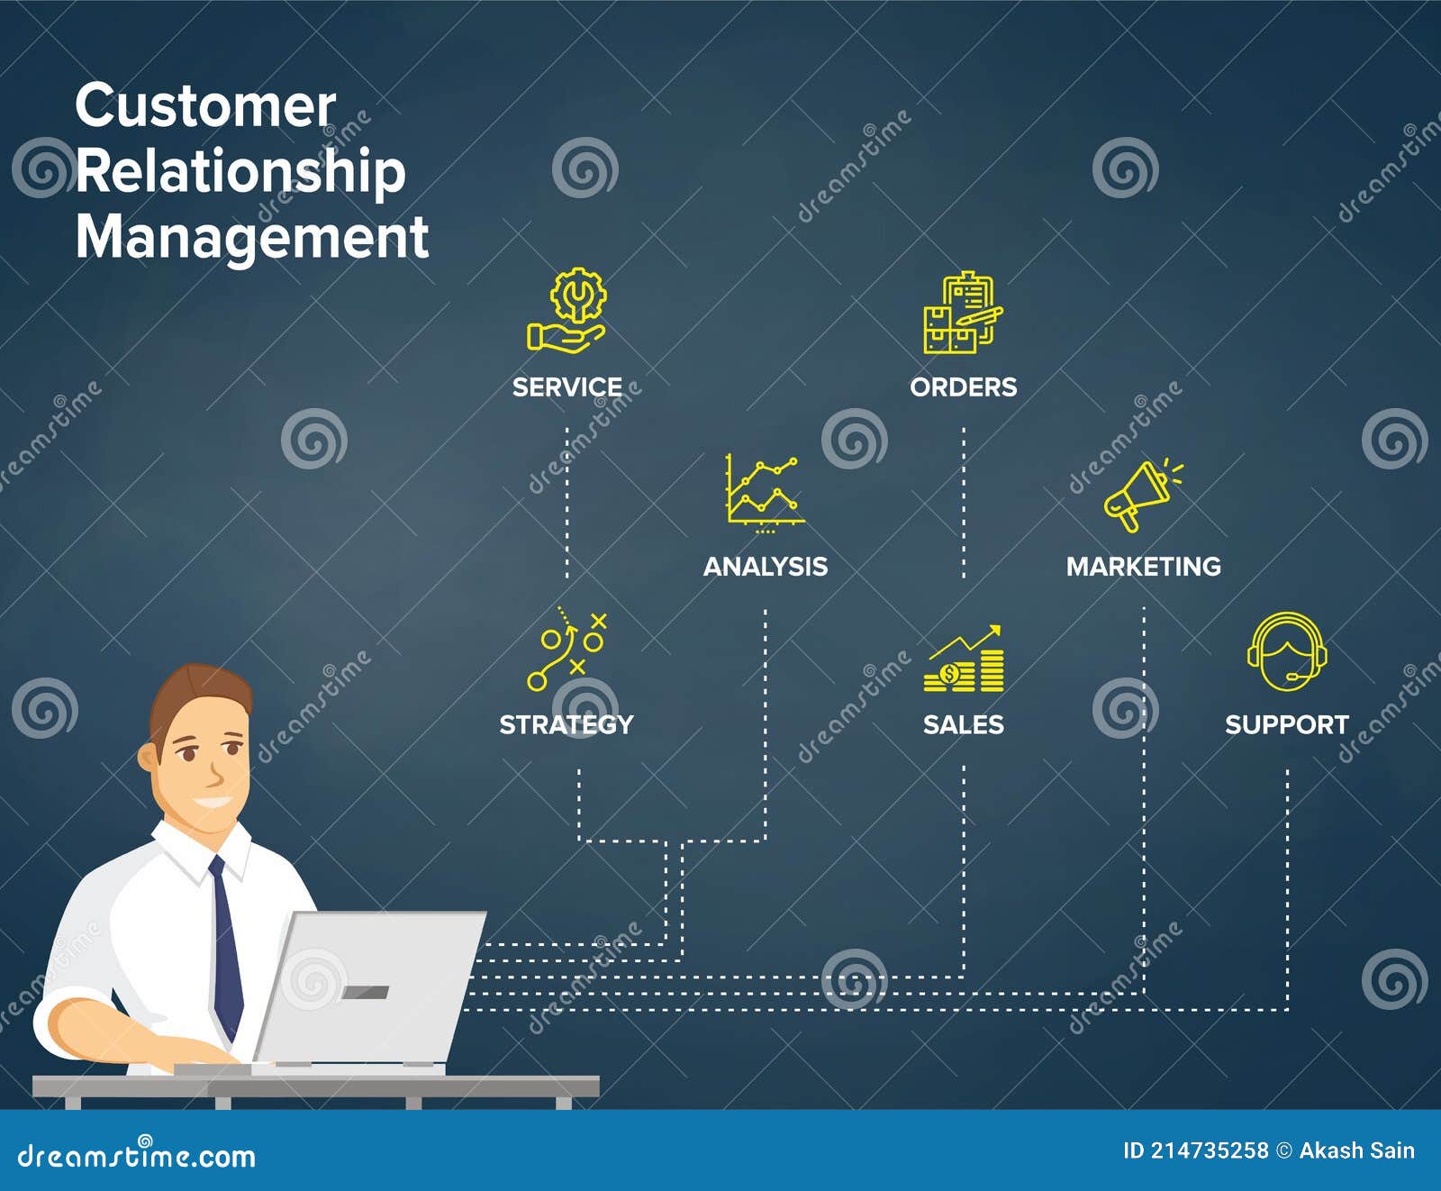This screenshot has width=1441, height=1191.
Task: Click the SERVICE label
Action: (x=566, y=387)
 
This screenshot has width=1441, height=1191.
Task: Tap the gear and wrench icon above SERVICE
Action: (x=567, y=310)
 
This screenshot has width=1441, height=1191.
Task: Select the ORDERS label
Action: (x=963, y=387)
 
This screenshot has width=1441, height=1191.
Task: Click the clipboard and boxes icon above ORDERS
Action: (x=963, y=313)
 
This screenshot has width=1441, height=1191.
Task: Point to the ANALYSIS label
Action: (x=765, y=567)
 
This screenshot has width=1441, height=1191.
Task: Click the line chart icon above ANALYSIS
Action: (x=764, y=490)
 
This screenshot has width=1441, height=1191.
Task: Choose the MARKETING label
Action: (x=1143, y=567)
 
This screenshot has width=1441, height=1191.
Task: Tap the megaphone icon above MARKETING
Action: (x=1140, y=495)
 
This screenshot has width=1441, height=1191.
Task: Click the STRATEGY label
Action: (x=566, y=724)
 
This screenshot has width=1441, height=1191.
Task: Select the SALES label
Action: (x=963, y=724)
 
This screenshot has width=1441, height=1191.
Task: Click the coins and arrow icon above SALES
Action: (x=963, y=659)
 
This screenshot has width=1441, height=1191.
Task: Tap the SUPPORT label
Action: (x=1286, y=724)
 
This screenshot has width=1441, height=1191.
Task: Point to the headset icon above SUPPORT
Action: (x=1286, y=652)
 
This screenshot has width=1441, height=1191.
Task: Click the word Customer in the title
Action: (x=205, y=106)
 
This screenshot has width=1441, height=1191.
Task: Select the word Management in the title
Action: (x=251, y=237)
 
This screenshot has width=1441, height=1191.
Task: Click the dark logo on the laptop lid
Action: (x=366, y=992)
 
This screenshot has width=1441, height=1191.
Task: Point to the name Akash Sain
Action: (x=1356, y=1150)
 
